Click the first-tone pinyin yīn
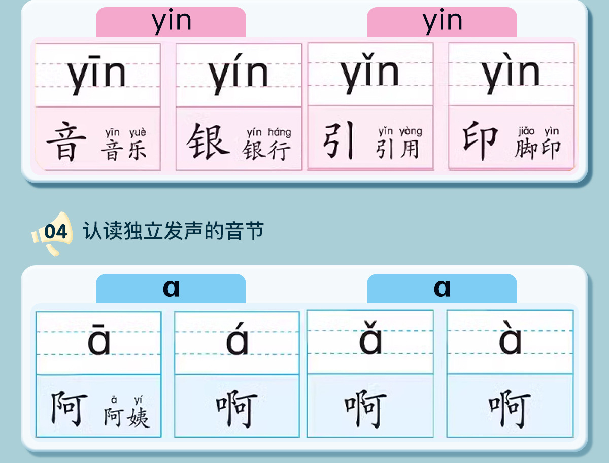point(97,75)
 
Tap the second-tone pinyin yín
point(239,75)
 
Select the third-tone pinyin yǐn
point(370,74)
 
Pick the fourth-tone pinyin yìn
point(511,74)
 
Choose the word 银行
point(267,150)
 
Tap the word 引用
point(398,149)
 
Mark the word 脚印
point(537,149)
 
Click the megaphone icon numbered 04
point(52,233)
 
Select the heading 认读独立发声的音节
point(174,231)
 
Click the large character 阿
point(69,409)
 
